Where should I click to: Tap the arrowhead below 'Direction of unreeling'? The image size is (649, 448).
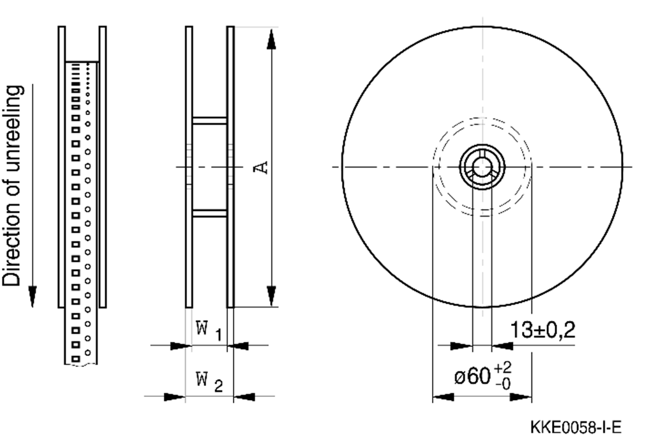(x=33, y=296)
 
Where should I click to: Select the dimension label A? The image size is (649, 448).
(x=260, y=167)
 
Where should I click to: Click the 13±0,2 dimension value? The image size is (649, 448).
(x=542, y=330)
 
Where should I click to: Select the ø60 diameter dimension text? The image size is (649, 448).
(x=473, y=376)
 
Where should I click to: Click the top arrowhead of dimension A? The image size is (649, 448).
(x=272, y=38)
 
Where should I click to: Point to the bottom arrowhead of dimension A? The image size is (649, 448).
(x=272, y=296)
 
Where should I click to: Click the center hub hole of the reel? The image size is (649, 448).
(x=482, y=167)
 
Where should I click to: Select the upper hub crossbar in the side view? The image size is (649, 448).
(x=209, y=120)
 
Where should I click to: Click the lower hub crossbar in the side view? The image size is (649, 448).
(x=209, y=213)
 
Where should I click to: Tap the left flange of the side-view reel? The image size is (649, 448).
(x=189, y=167)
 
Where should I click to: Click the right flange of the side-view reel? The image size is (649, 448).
(x=230, y=167)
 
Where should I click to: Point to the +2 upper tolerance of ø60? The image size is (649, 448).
(x=503, y=367)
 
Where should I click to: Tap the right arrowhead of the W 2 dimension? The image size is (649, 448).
(x=244, y=397)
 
